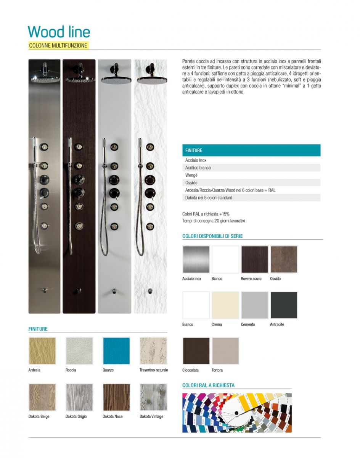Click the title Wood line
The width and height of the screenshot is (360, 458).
(x=59, y=32)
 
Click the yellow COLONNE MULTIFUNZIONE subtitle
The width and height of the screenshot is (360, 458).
(x=58, y=45)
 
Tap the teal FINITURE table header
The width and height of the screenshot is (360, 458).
(x=251, y=150)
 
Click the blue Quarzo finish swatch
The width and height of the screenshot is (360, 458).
(x=116, y=351)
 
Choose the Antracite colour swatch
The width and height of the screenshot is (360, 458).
(x=284, y=305)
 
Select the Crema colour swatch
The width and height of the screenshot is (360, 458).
(x=225, y=305)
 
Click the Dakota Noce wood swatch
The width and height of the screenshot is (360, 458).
(x=116, y=397)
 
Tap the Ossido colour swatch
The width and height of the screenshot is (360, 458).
(x=284, y=260)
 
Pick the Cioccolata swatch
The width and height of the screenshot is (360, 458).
(x=196, y=351)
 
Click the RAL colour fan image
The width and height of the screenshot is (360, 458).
(x=237, y=413)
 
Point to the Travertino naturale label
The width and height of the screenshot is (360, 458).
(x=154, y=370)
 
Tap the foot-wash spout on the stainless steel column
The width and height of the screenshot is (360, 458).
(x=45, y=290)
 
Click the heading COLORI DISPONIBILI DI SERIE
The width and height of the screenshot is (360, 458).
(x=212, y=236)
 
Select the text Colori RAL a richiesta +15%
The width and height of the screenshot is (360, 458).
(x=206, y=214)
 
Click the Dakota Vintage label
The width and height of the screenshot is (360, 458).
(x=151, y=416)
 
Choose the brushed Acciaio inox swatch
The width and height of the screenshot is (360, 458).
(x=196, y=260)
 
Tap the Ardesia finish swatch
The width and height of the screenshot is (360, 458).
(x=42, y=351)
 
